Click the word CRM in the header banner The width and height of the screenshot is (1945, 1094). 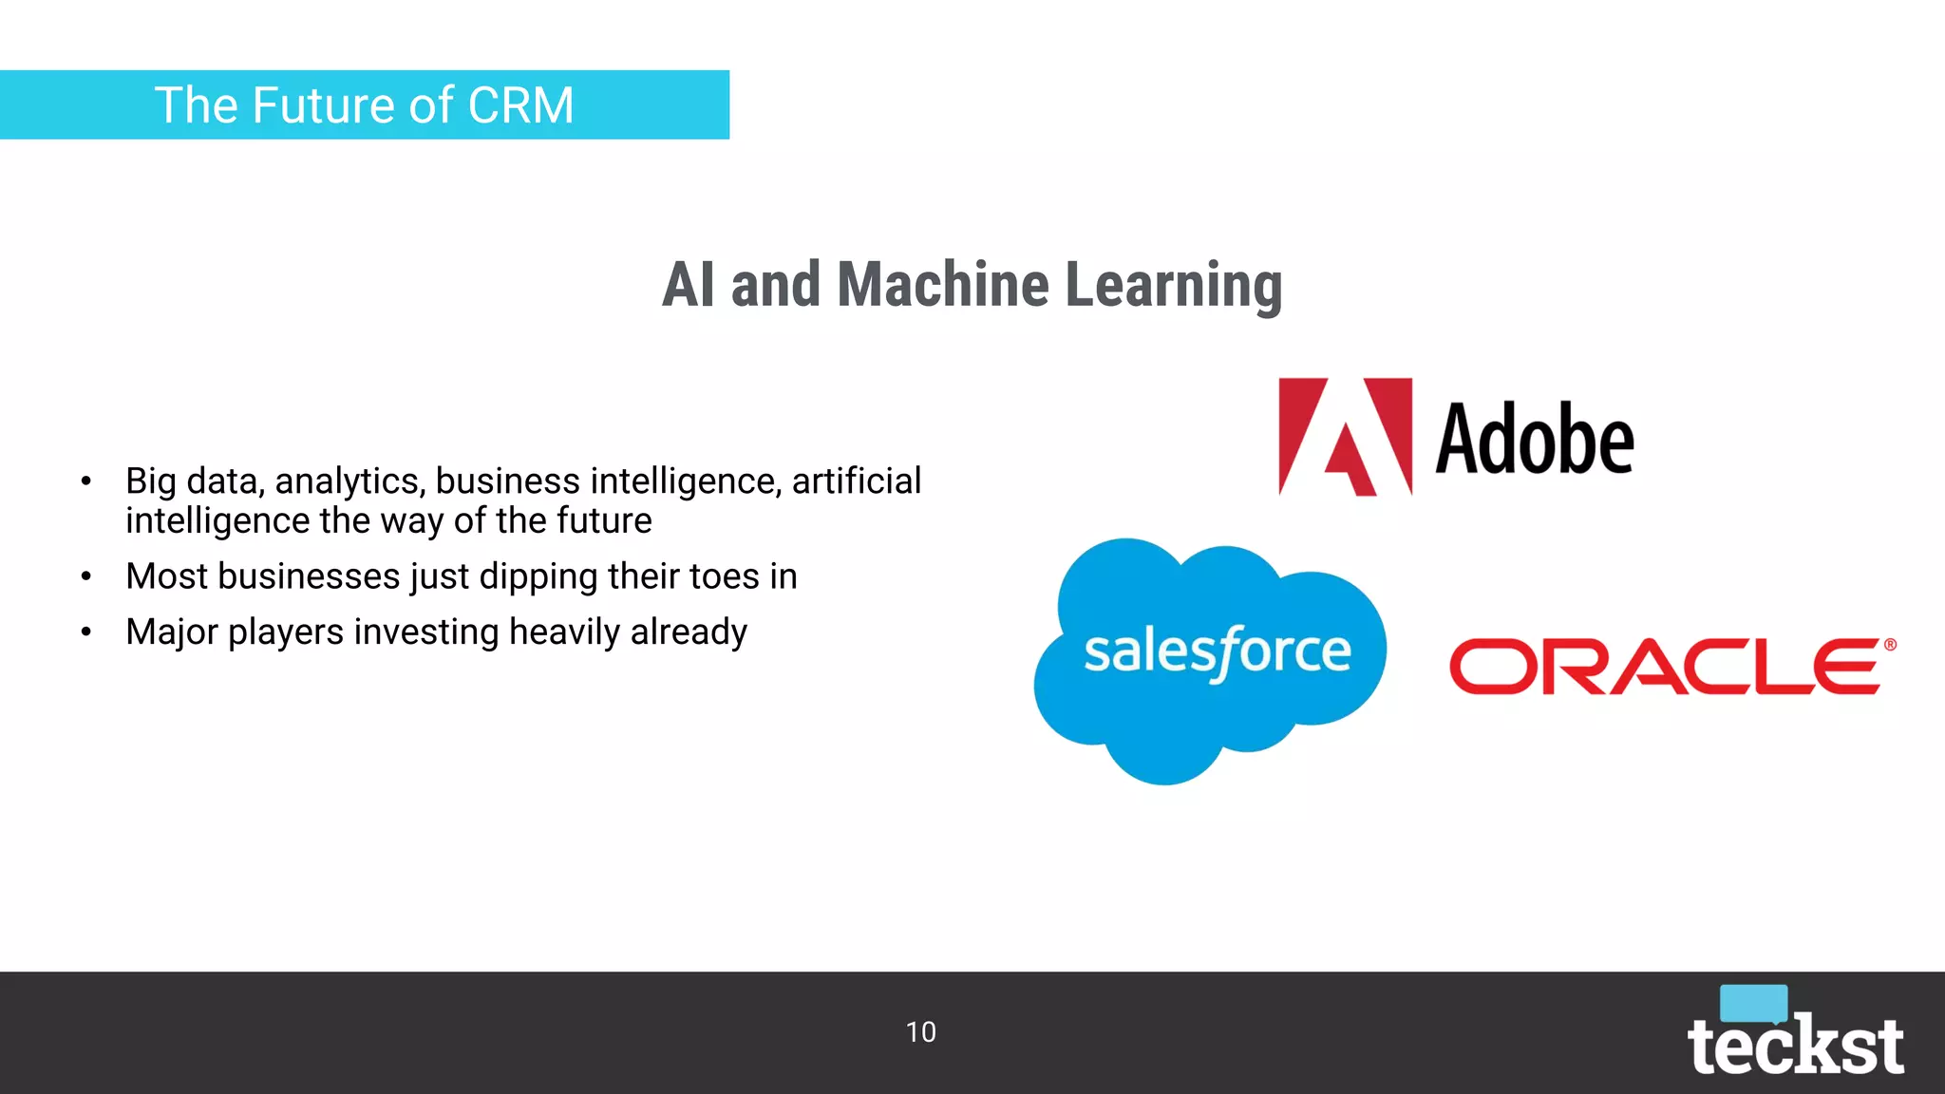point(520,105)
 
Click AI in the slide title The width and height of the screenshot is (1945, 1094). point(688,285)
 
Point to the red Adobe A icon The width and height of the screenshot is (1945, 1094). point(1345,438)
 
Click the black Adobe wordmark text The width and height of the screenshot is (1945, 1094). point(1534,440)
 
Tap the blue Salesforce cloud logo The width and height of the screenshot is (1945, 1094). point(1211,655)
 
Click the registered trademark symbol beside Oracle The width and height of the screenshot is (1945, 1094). point(1890,645)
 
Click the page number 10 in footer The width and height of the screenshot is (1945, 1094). point(920,1032)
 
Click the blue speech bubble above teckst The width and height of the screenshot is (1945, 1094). point(1753,1003)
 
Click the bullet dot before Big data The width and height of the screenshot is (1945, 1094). point(86,481)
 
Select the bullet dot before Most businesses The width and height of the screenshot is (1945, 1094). point(86,576)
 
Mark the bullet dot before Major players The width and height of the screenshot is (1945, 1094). point(86,632)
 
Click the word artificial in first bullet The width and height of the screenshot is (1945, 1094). point(857,481)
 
